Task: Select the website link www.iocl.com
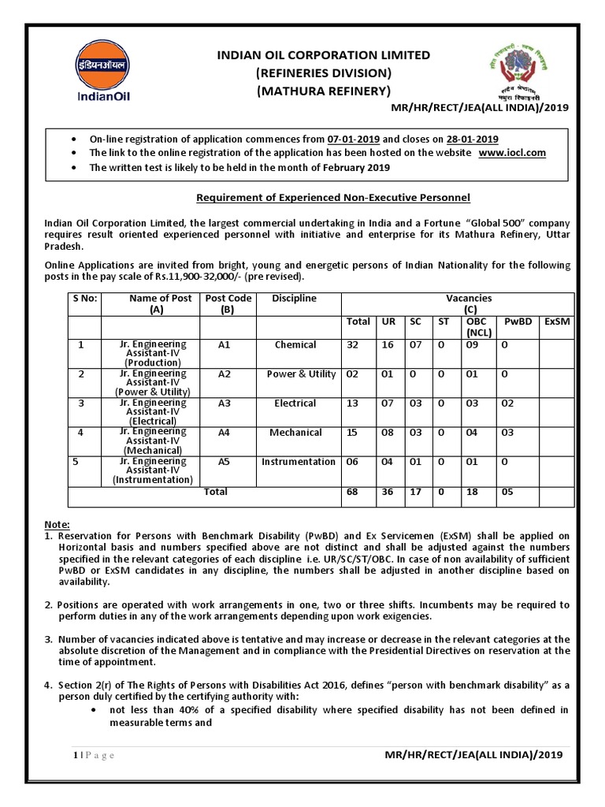[510, 152]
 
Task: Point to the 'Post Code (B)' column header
[228, 304]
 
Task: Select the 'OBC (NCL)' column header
[477, 327]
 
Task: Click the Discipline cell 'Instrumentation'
[299, 462]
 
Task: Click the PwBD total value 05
[510, 492]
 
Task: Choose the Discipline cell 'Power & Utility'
[301, 374]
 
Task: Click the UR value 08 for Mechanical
[388, 433]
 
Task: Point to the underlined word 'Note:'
[57, 524]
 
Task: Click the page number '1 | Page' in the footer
[93, 756]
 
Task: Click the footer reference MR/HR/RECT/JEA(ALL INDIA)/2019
[474, 755]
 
